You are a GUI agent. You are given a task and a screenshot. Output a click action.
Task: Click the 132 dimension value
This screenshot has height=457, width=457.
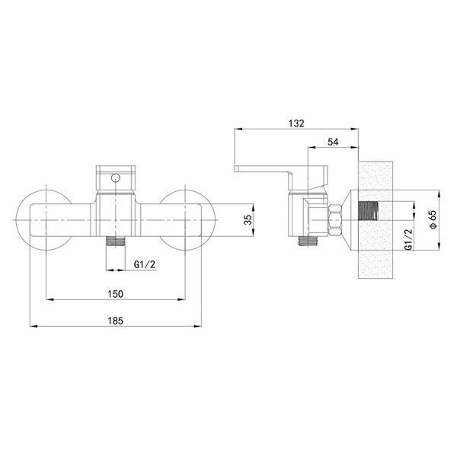pyautogui.click(x=296, y=123)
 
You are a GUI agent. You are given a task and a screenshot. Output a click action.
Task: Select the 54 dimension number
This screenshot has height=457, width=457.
pyautogui.click(x=333, y=142)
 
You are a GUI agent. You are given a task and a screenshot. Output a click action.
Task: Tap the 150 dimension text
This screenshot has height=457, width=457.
pyautogui.click(x=116, y=294)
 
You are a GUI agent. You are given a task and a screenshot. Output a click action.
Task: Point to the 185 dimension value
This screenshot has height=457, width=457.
pyautogui.click(x=116, y=321)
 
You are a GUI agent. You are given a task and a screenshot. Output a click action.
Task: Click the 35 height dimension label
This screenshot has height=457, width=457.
pyautogui.click(x=248, y=220)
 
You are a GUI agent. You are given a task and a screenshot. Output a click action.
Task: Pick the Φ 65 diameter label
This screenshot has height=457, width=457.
pyautogui.click(x=433, y=219)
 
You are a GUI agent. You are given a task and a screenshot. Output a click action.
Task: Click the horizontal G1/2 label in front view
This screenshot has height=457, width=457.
pyautogui.click(x=145, y=264)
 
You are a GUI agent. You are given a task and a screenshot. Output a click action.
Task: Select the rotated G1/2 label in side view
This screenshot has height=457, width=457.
pyautogui.click(x=409, y=239)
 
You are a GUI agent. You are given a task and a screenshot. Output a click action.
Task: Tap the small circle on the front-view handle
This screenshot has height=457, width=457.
pyautogui.click(x=116, y=177)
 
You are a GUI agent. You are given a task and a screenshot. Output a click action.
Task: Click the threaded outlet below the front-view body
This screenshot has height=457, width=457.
pyautogui.click(x=116, y=241)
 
